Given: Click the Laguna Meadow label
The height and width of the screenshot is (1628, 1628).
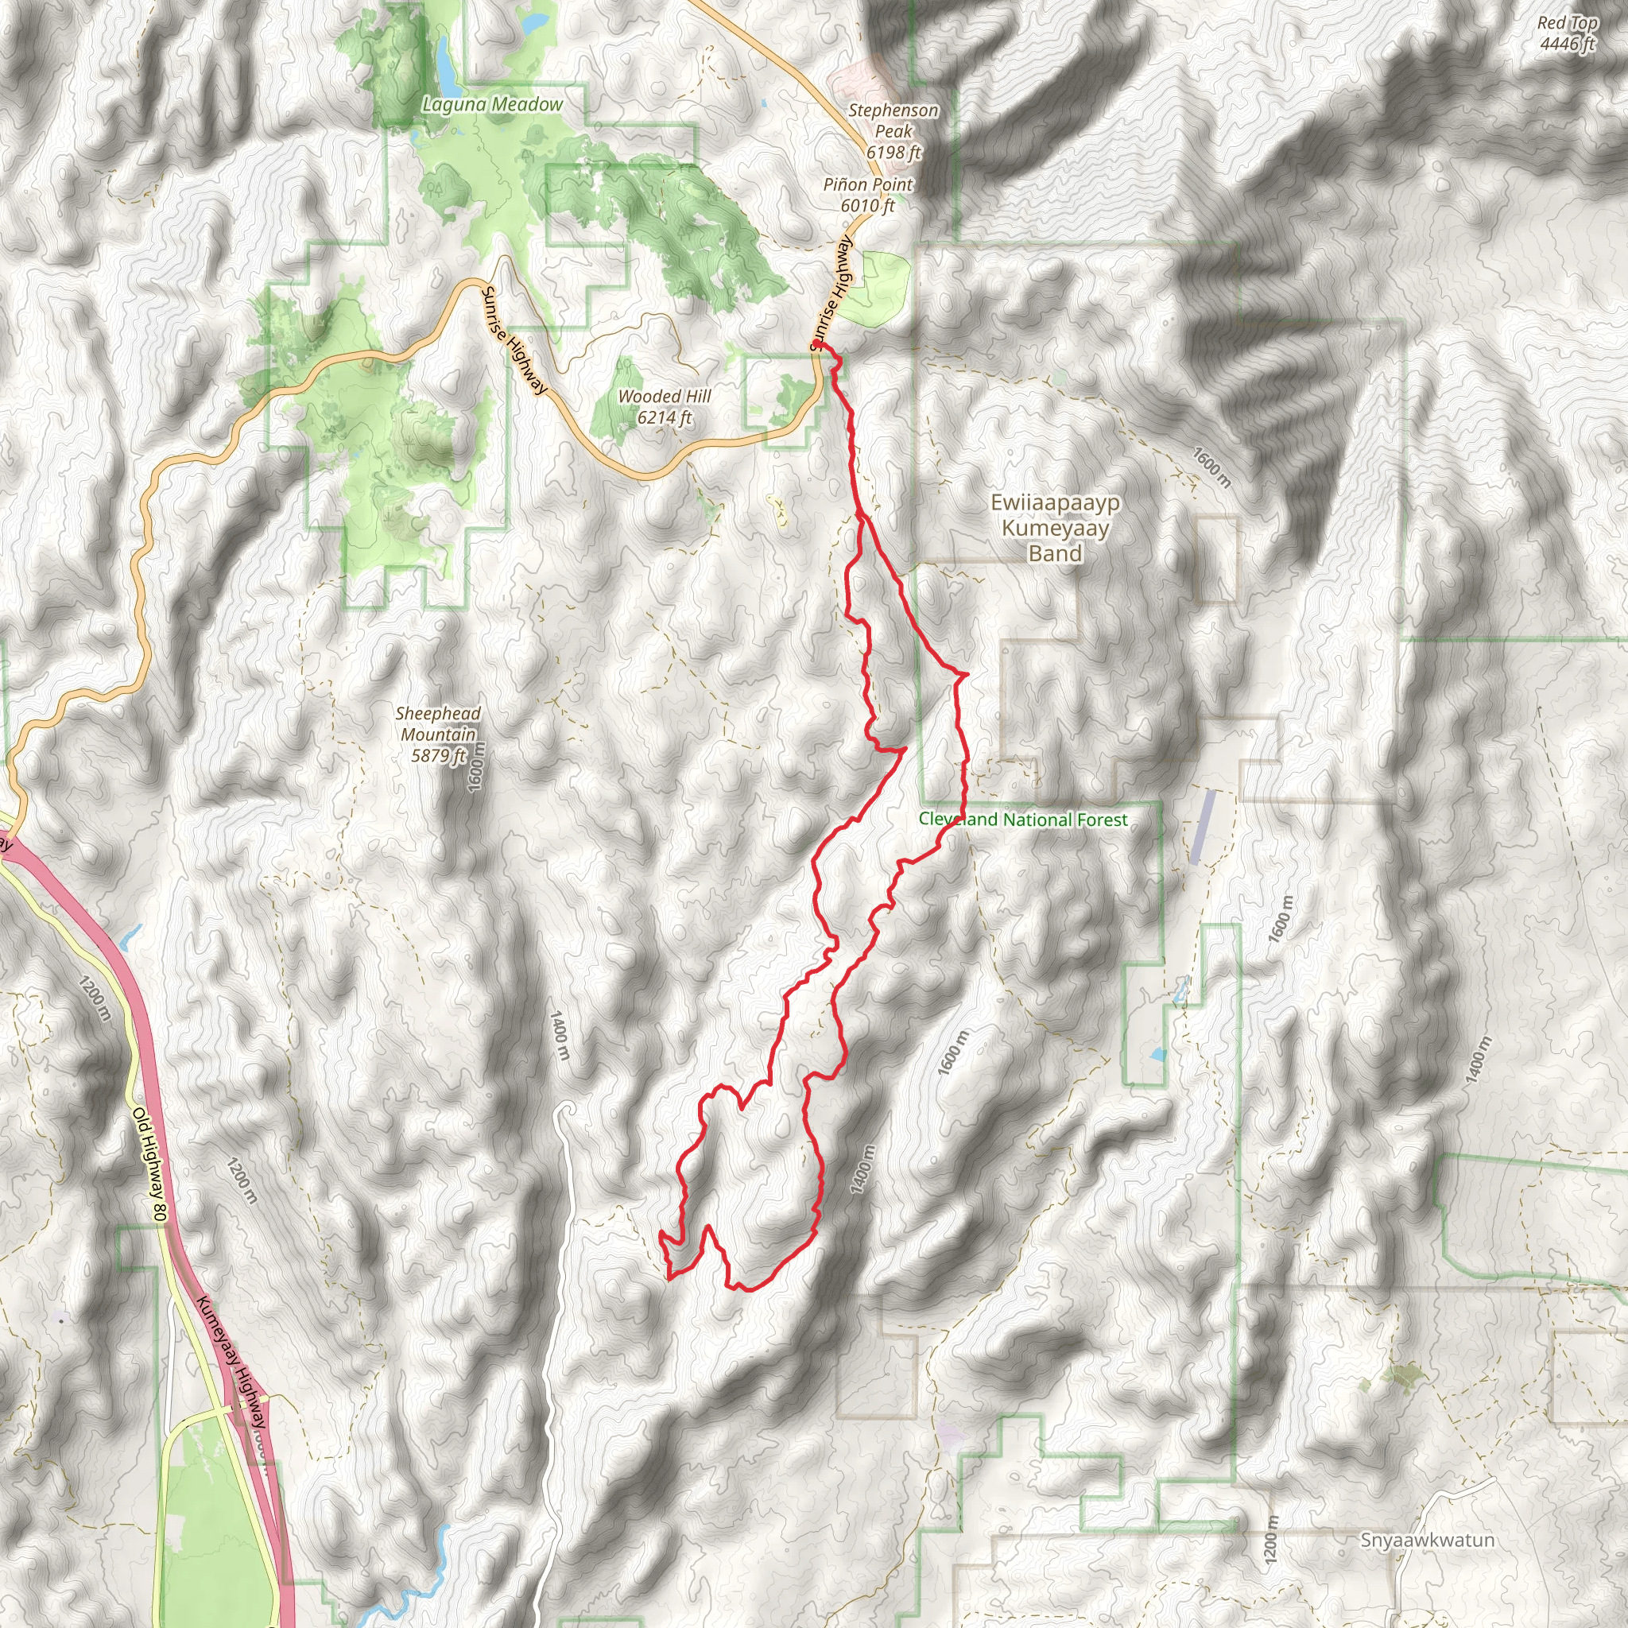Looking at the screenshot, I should [x=492, y=104].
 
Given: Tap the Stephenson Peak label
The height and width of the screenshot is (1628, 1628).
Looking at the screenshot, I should [x=893, y=130].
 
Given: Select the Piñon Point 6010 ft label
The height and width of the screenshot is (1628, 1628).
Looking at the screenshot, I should [x=868, y=195].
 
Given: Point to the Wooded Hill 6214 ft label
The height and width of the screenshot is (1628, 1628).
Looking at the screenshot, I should [x=664, y=406].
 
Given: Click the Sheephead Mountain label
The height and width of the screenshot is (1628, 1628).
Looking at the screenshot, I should [x=438, y=734].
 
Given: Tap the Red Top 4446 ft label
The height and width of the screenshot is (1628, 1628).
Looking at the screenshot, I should [x=1567, y=33].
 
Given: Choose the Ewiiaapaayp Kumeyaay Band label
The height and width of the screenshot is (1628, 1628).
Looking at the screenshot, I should [x=1055, y=529].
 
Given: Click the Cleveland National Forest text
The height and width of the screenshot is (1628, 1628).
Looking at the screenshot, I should [x=1022, y=819].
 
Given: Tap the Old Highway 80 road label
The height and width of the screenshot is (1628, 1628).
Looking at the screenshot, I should [x=150, y=1164].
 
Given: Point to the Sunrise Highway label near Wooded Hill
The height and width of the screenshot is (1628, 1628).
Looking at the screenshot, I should [x=514, y=340].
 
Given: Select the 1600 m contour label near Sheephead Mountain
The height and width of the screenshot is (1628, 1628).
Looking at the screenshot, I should [x=476, y=766].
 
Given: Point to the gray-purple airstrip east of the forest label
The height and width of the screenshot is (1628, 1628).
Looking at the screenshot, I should [x=1203, y=826].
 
